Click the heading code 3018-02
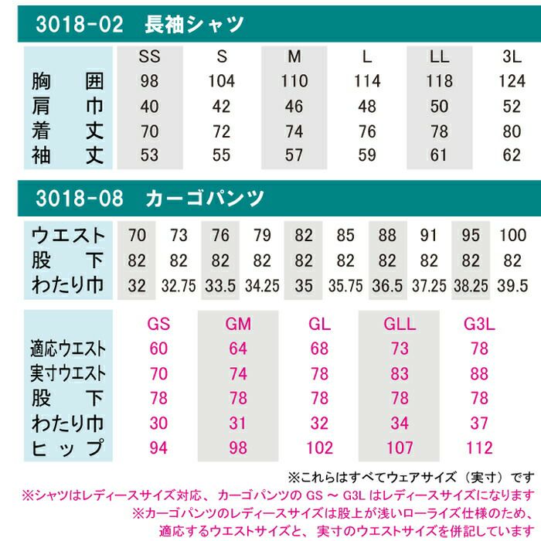[x=80, y=25]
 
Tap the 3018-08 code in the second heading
[x=80, y=198]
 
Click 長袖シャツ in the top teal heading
[x=194, y=25]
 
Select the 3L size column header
[x=512, y=56]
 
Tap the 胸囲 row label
[x=68, y=80]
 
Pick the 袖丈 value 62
[x=512, y=155]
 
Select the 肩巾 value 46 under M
[x=294, y=106]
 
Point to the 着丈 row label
[x=68, y=131]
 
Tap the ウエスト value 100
[x=513, y=234]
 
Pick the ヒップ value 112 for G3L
[x=479, y=448]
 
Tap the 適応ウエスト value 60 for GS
[x=158, y=349]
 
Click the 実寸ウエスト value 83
[x=400, y=374]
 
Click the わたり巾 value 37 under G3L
[x=479, y=424]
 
